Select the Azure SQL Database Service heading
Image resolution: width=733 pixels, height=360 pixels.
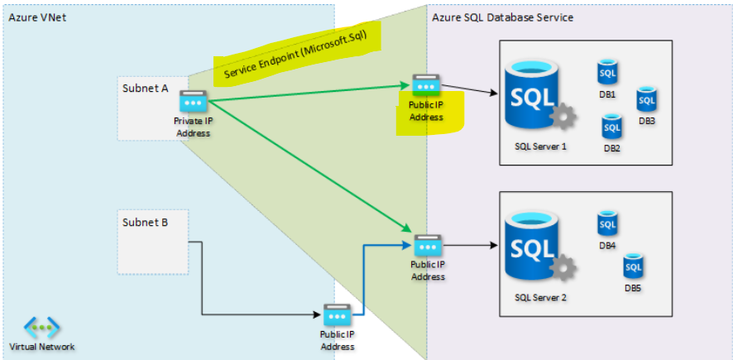[502, 17]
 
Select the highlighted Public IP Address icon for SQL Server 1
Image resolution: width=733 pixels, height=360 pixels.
[426, 84]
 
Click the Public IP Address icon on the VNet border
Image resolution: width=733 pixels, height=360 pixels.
[337, 315]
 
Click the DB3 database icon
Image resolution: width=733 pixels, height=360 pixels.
[646, 99]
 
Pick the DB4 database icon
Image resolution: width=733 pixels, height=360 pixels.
[608, 224]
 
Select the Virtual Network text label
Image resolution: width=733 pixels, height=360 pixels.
[42, 346]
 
